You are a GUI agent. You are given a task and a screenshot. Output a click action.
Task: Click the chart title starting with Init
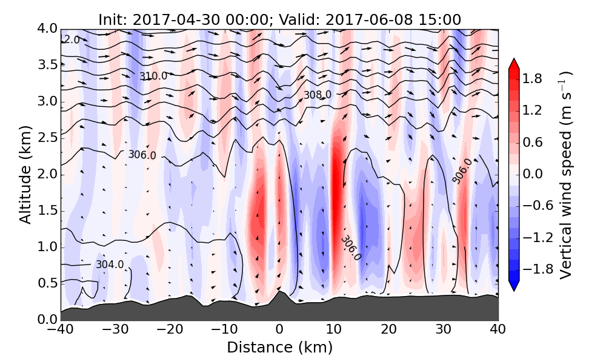point(279,19)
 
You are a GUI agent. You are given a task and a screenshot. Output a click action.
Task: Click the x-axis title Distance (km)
point(279,348)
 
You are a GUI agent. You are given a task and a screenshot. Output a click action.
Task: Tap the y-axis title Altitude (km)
point(25,175)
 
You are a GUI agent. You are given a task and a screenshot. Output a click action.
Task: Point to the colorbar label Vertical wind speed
point(565,175)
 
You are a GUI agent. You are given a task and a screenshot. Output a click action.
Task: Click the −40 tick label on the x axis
point(61,331)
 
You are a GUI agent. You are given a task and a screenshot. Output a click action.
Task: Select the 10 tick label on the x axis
point(334,331)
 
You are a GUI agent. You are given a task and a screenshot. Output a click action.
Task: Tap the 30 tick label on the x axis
point(444,331)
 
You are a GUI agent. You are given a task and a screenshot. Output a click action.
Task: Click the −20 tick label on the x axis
point(170,331)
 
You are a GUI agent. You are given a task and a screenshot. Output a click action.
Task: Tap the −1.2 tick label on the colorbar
point(537,237)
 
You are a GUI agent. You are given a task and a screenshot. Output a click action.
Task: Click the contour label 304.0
point(110,265)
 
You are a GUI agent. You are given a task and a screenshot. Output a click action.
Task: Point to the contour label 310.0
point(153,76)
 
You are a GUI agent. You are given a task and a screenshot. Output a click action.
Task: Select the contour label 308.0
point(318,95)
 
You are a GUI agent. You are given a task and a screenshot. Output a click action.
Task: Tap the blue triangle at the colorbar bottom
point(513,286)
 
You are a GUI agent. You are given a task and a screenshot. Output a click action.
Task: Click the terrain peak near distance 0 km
point(279,293)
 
